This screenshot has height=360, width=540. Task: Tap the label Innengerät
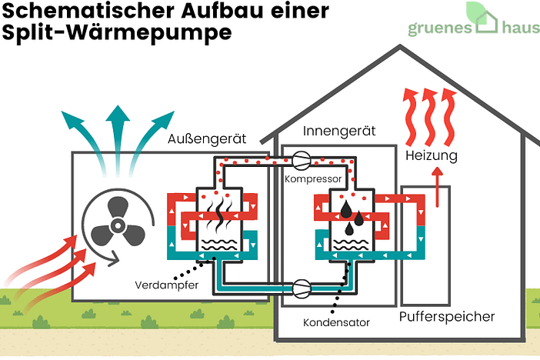point(338,131)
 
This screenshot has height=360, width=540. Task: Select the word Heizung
point(432,156)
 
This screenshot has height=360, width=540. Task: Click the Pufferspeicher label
point(446,317)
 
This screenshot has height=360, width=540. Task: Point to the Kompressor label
point(312,178)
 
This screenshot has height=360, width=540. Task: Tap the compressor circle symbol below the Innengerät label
point(301,161)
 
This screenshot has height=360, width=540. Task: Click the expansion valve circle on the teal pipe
point(302,288)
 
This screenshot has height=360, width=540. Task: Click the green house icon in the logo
point(487,18)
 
